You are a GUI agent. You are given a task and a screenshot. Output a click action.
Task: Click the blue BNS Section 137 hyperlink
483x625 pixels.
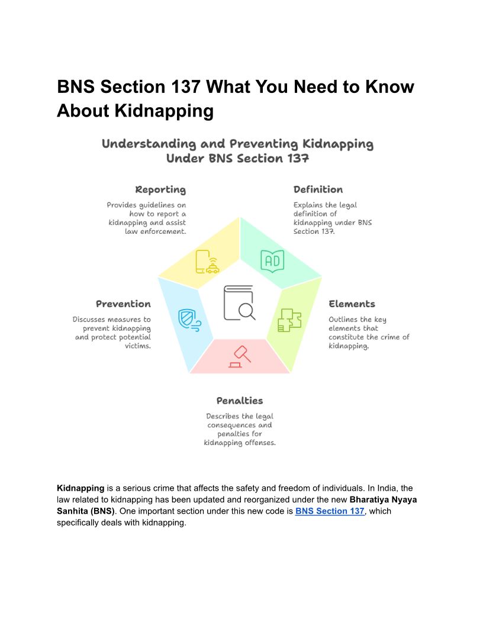(x=330, y=511)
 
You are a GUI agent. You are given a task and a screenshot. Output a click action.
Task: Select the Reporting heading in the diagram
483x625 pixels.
(x=160, y=190)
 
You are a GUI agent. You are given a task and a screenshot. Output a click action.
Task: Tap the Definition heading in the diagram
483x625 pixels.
(x=318, y=190)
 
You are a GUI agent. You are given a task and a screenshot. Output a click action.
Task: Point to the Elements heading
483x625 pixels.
(x=352, y=304)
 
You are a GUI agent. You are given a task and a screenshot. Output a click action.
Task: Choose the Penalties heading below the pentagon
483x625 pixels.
(x=240, y=401)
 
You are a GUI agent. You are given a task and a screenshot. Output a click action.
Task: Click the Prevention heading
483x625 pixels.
(x=123, y=304)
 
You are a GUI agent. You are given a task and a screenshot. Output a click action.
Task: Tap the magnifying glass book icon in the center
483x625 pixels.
(x=239, y=303)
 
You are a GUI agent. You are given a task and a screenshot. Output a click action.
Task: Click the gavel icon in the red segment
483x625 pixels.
(x=239, y=357)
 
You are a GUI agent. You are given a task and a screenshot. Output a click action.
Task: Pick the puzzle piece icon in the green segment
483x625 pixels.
(x=289, y=320)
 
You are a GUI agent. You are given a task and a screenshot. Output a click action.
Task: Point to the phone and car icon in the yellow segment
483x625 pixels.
(x=207, y=262)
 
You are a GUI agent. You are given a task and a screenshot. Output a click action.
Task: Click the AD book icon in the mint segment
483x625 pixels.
(x=272, y=261)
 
